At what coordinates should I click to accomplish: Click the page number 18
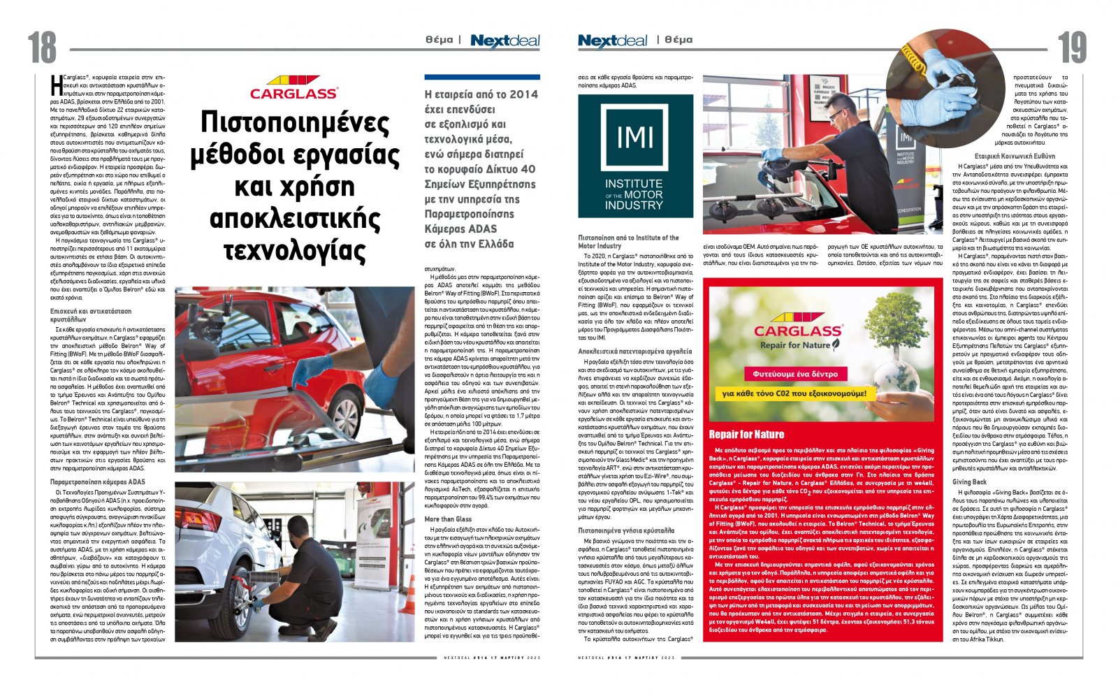point(43,48)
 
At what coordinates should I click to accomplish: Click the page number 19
point(1072,48)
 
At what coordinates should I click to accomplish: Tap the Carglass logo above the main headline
point(293,88)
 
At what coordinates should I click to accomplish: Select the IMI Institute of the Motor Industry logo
point(635,157)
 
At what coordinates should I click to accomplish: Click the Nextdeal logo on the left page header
point(505,41)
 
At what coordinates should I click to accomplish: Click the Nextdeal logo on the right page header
point(612,41)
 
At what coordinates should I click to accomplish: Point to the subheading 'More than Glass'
point(448,519)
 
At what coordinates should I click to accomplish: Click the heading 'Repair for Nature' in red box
point(746,434)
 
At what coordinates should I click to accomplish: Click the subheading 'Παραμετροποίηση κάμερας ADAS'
point(98,482)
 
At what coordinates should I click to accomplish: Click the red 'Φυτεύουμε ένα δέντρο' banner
point(795,374)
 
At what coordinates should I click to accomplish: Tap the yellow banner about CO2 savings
point(794,394)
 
